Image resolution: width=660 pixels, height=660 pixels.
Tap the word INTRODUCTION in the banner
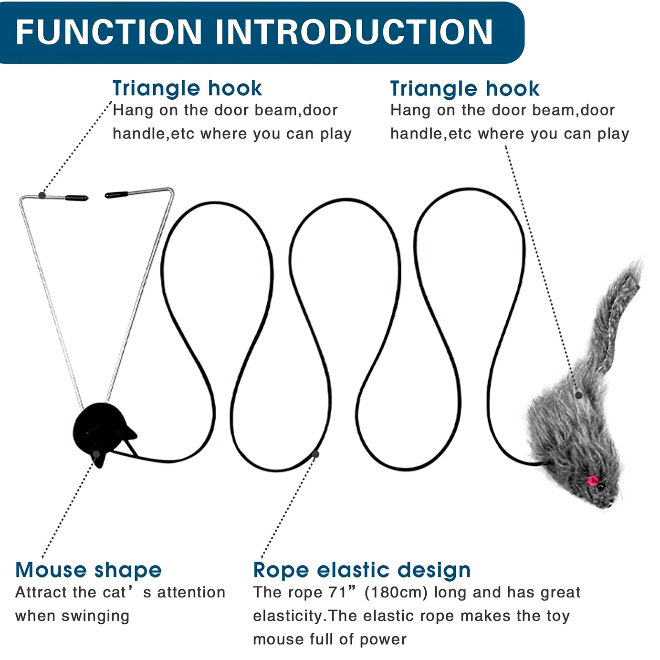point(354,32)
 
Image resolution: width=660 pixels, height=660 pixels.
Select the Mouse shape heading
point(88,570)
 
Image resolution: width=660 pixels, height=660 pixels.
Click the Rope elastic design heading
point(362,570)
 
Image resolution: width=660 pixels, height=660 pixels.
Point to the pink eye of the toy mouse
point(592,480)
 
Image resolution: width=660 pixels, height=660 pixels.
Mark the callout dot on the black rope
point(315,454)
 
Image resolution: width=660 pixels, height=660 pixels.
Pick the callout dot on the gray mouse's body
point(578,395)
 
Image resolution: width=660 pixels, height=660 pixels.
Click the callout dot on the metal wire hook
point(42,195)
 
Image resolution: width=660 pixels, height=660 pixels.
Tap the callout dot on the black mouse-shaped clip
point(96,454)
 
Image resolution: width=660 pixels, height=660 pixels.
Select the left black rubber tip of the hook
point(76,197)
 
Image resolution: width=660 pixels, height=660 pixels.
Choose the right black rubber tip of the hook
point(116,194)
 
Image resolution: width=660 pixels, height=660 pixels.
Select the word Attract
point(42,592)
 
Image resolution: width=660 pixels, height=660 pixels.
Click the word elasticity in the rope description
point(288,616)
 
